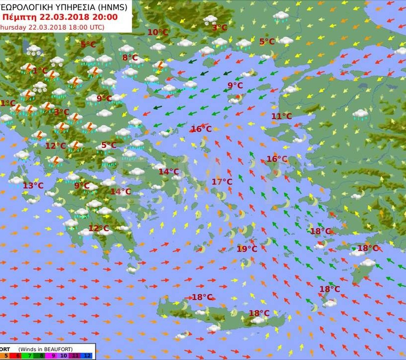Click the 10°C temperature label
click(x=158, y=32)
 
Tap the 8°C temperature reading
click(x=130, y=57)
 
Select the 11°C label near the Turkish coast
click(x=281, y=116)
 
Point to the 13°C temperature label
click(x=33, y=186)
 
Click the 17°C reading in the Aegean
click(x=222, y=182)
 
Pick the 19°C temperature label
click(x=247, y=249)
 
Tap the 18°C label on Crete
click(x=259, y=313)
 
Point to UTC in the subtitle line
click(x=94, y=27)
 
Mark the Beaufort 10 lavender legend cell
click(x=64, y=355)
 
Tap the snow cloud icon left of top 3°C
click(x=210, y=20)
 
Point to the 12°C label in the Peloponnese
click(x=99, y=228)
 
